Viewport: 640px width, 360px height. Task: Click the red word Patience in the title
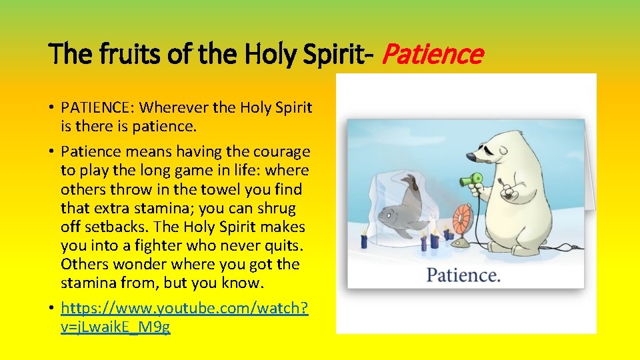tap(432, 54)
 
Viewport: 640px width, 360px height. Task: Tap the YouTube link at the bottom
tap(185, 318)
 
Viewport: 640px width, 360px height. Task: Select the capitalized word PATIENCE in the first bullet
tap(95, 107)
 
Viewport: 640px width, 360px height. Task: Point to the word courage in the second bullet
tap(279, 152)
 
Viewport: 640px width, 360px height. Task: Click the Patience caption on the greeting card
tap(463, 274)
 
